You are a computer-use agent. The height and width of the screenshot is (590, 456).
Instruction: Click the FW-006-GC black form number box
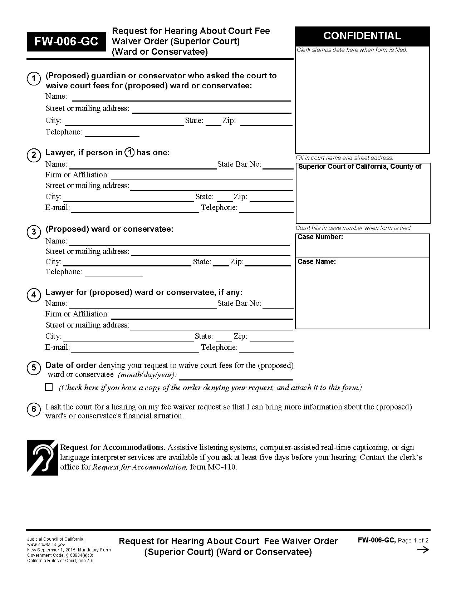(x=66, y=42)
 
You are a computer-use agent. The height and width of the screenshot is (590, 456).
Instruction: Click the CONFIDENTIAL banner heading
(x=362, y=36)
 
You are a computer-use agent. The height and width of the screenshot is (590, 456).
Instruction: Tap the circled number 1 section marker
(x=34, y=79)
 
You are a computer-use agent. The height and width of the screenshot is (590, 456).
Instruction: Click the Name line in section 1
(x=181, y=98)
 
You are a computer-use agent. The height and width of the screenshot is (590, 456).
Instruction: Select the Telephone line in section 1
(x=112, y=133)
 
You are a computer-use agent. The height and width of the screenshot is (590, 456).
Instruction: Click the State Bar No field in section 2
(x=278, y=166)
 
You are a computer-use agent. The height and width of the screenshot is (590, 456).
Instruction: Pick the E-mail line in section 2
(x=135, y=209)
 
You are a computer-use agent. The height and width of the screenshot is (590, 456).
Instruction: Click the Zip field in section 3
(x=267, y=263)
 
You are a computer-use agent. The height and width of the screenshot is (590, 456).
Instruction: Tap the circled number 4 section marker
(x=34, y=295)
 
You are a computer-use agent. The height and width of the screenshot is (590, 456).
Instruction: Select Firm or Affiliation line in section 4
(x=201, y=315)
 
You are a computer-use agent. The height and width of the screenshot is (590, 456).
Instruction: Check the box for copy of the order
(x=49, y=387)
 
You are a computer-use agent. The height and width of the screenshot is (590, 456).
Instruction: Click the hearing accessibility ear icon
(x=43, y=457)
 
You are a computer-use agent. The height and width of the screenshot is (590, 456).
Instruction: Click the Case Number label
(x=320, y=237)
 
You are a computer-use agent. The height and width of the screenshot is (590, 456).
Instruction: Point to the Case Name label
(x=317, y=262)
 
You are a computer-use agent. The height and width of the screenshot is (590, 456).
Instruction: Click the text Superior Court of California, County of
(x=359, y=167)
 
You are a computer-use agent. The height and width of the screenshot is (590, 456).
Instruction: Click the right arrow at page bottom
(x=423, y=550)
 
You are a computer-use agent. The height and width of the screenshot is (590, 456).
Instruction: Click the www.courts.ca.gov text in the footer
(x=46, y=545)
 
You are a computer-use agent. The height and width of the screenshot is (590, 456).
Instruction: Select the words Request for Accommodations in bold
(x=113, y=447)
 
